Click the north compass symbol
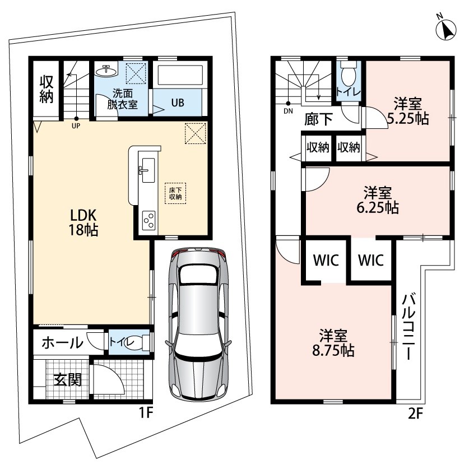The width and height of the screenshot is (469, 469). coord(446,29)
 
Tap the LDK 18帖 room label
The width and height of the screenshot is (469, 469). coord(83,222)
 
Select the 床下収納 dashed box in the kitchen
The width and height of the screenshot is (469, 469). coord(175,193)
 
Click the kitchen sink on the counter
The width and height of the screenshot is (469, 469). coord(148,170)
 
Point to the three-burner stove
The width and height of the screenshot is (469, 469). coord(148,220)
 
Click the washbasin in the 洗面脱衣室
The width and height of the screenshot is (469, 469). coord(106,71)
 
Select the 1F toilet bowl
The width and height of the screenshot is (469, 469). coord(138,342)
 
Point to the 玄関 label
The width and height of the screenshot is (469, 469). coord(68,380)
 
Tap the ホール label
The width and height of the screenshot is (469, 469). coord(62,343)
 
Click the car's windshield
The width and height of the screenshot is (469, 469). coord(198,275)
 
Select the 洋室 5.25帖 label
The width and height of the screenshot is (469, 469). coord(408,111)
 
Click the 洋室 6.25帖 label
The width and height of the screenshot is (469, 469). coord(378,200)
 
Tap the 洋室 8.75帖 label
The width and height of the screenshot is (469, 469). coord(333,343)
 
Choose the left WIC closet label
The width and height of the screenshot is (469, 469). coord(326,260)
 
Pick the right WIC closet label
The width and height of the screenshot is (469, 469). coord(371,260)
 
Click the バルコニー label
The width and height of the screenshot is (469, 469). coord(408,327)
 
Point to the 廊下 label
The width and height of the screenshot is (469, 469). coord(318,119)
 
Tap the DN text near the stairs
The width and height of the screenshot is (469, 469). coord(288,112)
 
